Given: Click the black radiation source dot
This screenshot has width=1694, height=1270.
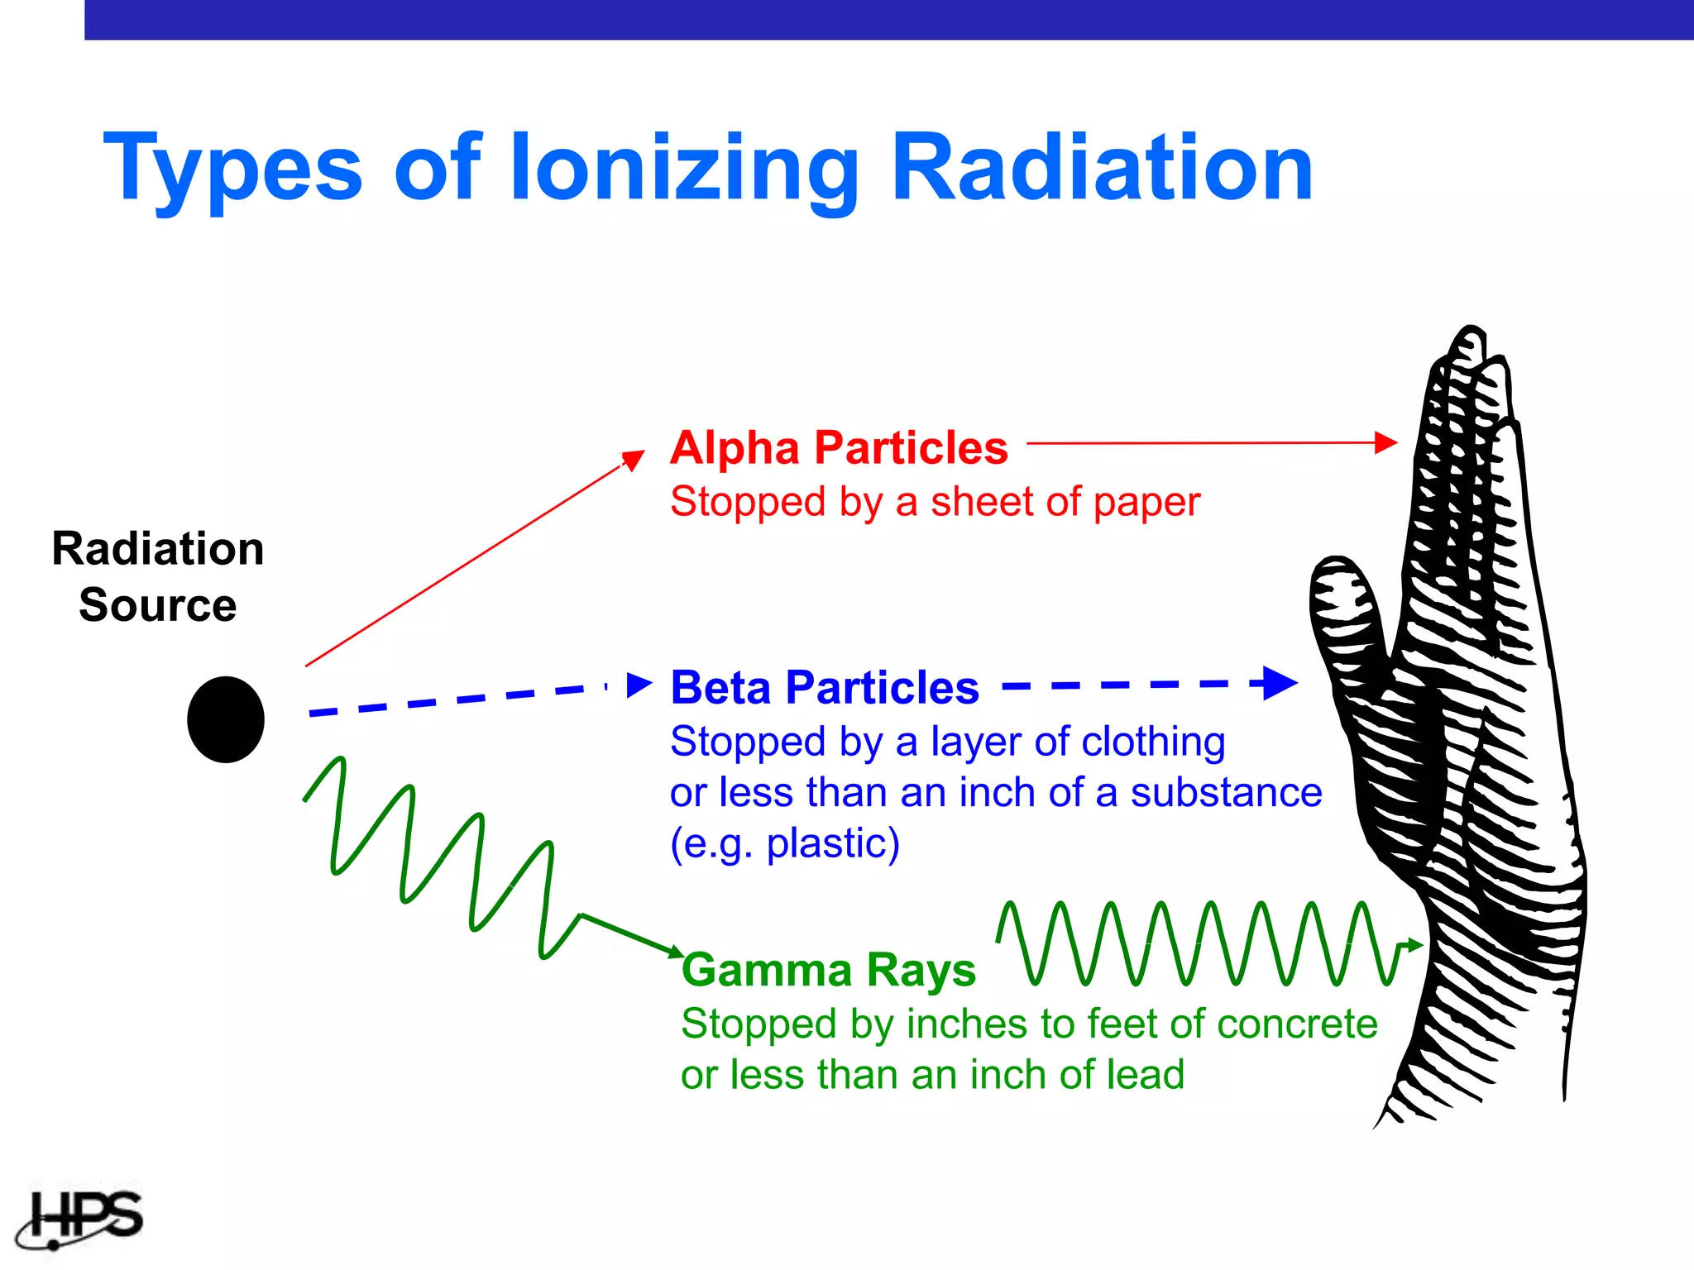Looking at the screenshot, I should [225, 719].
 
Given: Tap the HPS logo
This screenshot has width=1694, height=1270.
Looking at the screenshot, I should [83, 1218].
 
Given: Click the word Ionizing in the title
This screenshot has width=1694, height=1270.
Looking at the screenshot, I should [685, 169].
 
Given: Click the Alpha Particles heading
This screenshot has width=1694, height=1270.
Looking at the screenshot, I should [839, 448].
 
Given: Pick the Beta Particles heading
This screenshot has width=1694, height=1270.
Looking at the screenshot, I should [825, 688].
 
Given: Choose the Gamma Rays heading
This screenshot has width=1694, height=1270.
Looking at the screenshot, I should [829, 970].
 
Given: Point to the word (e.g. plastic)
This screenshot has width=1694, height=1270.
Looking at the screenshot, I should [784, 843].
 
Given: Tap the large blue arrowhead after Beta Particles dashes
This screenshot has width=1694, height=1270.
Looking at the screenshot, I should [1278, 684].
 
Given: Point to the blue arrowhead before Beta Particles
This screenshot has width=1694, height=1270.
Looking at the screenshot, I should [639, 685].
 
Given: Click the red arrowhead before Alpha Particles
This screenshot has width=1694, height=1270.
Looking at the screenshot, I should [634, 459].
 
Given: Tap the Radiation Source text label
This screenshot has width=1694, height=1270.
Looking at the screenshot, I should [158, 577].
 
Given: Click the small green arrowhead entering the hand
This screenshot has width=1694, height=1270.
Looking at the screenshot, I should [1414, 944].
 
